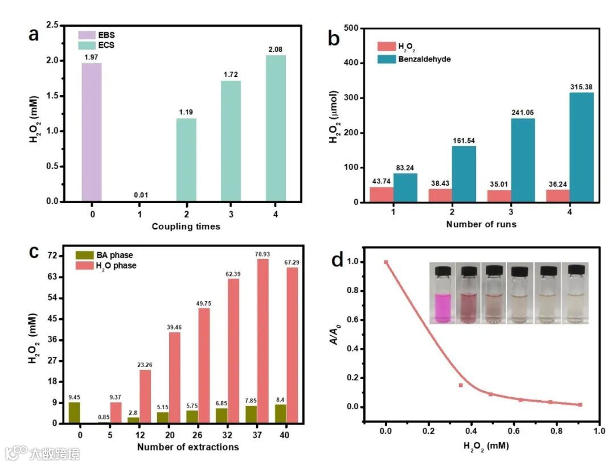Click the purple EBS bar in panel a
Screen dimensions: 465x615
pos(92,132)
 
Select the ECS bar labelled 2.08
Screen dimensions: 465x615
pos(276,128)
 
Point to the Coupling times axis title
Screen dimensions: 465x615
pos(186,227)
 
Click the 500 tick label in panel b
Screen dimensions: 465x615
pos(351,28)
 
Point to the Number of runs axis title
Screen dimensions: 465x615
pos(481,224)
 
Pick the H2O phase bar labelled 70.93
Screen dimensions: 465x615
pos(262,341)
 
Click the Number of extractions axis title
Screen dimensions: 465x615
pos(188,447)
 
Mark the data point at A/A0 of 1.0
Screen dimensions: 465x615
pos(386,262)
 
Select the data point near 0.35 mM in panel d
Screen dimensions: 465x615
pos(460,385)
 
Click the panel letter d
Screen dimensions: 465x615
pos(337,261)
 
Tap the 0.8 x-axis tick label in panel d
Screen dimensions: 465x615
pos(555,431)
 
